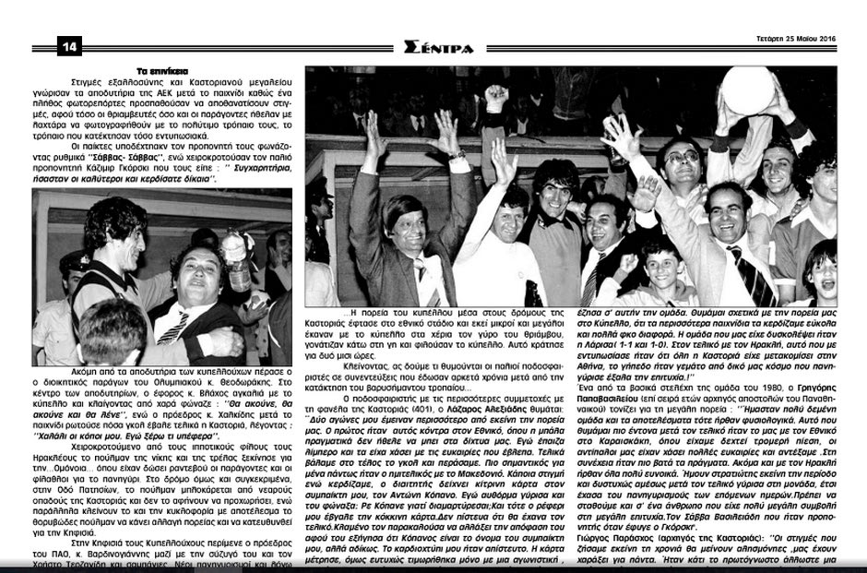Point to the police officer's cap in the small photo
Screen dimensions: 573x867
(x=75, y=259)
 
